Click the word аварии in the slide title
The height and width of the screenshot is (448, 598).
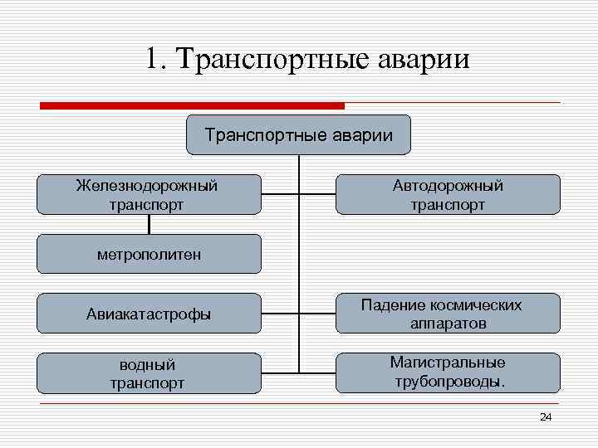click(x=424, y=60)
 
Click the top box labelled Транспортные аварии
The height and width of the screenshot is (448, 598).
click(x=298, y=134)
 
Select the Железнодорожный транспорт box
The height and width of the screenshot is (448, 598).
click(x=149, y=194)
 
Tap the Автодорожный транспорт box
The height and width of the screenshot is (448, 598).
click(x=448, y=194)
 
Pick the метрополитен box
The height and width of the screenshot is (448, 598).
click(x=149, y=253)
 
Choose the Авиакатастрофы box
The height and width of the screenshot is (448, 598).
click(x=149, y=314)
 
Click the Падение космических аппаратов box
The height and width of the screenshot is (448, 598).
click(x=448, y=314)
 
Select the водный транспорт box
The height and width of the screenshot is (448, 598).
click(x=149, y=373)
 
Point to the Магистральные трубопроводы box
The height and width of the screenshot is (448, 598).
click(x=448, y=373)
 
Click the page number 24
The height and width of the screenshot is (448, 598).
click(x=545, y=416)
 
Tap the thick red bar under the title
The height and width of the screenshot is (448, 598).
click(x=192, y=105)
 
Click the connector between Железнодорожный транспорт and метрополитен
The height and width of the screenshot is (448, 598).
click(x=149, y=224)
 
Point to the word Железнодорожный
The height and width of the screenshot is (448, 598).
click(x=147, y=185)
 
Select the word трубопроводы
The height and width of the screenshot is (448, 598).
click(x=449, y=382)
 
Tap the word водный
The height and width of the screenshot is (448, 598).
click(x=147, y=364)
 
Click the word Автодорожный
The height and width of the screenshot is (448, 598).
click(x=448, y=185)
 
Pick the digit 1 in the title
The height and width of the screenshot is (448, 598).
click(x=151, y=60)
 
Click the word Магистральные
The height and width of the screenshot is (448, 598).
click(x=448, y=363)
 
